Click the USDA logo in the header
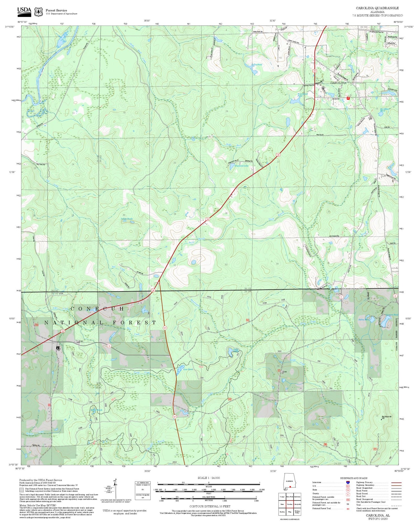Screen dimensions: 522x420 point(24,11)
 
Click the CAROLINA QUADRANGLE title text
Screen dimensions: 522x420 point(377,8)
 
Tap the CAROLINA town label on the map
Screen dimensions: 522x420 point(338,83)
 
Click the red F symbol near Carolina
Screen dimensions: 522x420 point(348,98)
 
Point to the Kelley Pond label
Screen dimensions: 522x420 point(257,65)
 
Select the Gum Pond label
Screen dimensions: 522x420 point(188,369)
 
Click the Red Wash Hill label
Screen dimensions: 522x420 point(386,417)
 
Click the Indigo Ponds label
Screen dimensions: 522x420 point(127,219)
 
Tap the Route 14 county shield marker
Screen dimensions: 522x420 point(109,346)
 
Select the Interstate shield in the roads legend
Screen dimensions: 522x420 point(347,482)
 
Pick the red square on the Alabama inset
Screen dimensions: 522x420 point(290,487)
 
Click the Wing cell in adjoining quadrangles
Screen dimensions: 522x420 point(290,512)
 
